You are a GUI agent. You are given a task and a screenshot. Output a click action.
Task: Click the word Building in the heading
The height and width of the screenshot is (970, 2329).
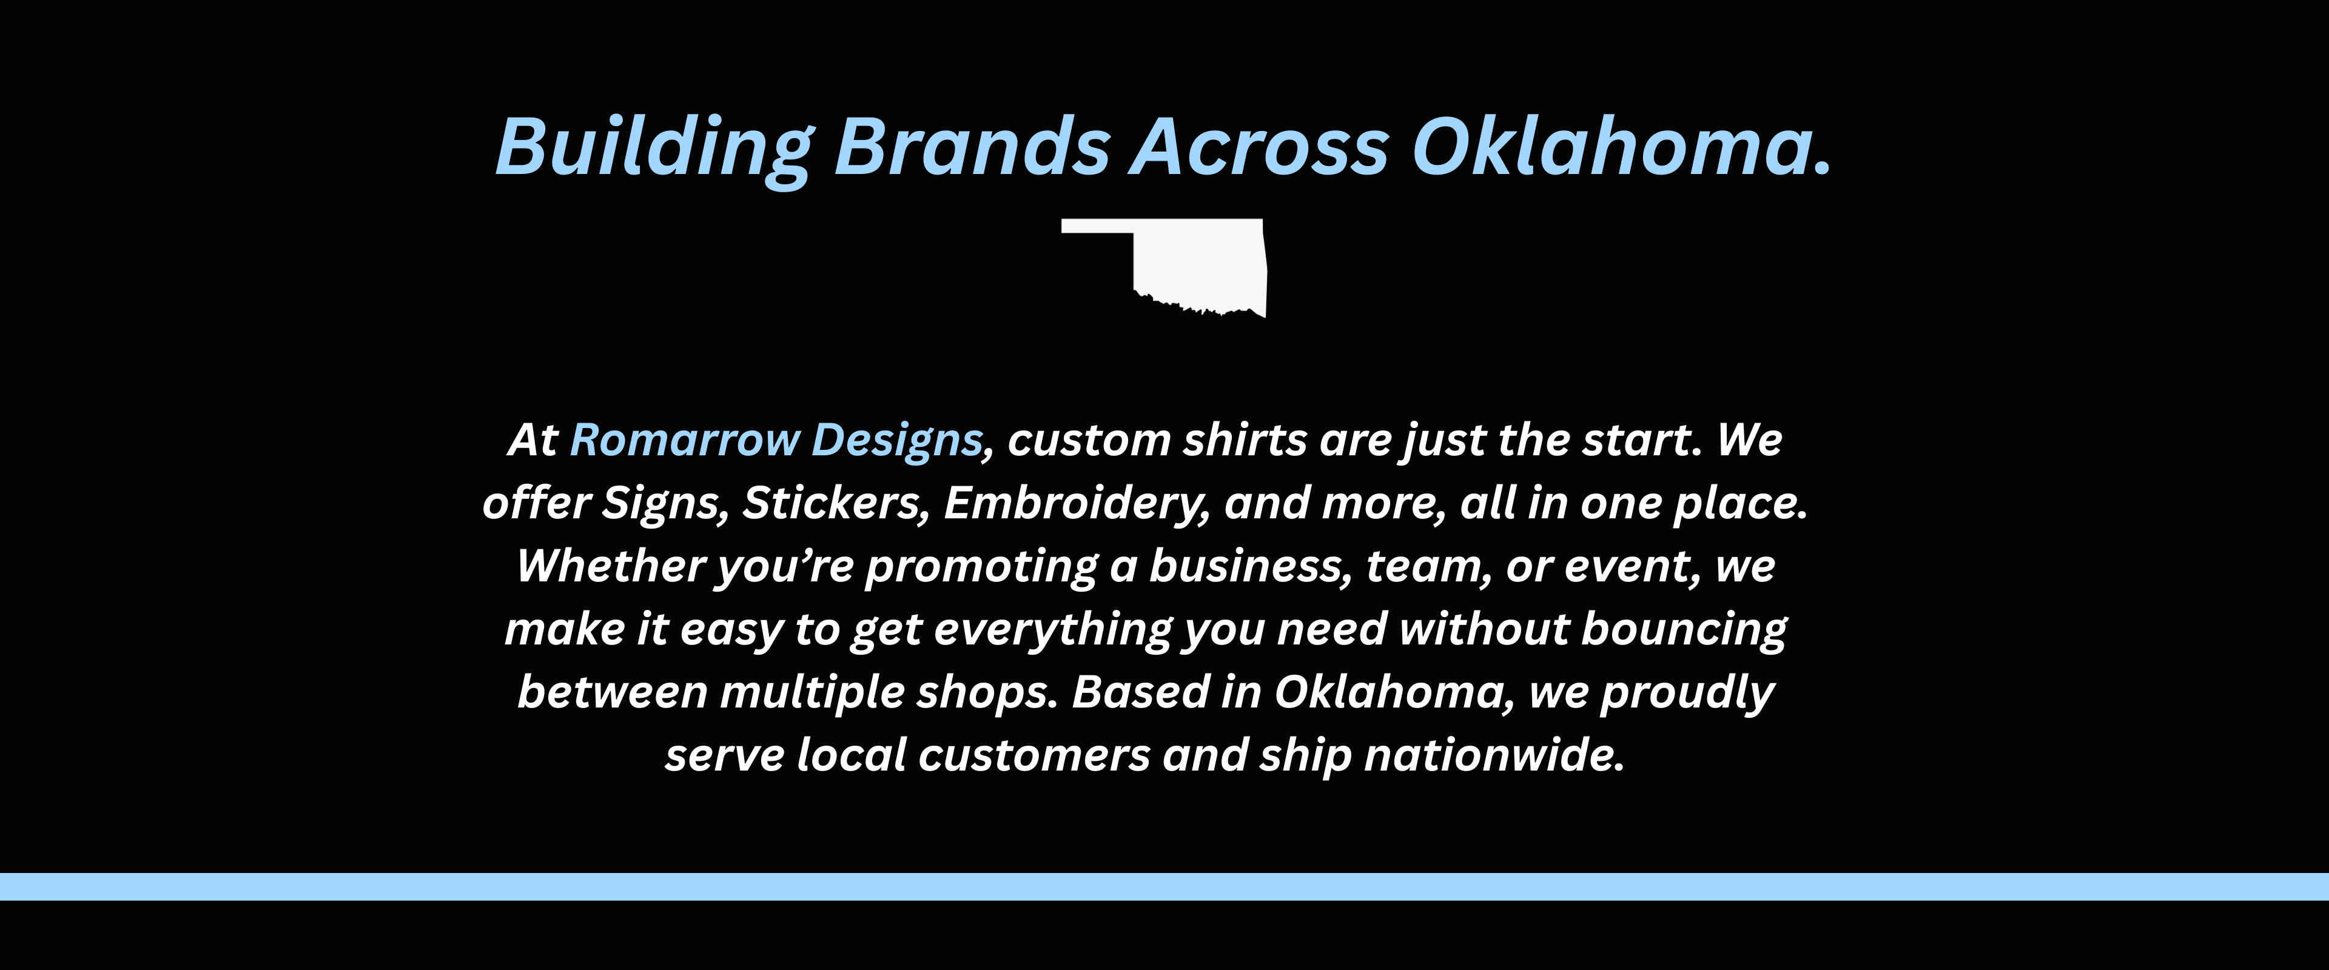654,149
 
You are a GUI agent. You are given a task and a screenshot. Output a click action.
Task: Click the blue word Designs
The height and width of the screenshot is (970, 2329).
896,442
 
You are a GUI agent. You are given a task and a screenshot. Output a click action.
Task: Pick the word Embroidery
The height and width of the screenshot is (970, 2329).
1077,504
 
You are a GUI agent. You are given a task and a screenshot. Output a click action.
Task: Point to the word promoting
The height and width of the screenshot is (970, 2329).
981,567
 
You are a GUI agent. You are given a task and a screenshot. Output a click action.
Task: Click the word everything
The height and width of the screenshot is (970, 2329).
1052,630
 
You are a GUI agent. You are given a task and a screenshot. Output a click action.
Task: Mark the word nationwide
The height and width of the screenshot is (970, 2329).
1494,756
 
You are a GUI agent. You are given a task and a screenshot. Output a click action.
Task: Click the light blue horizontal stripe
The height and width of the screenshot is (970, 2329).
1164,887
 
